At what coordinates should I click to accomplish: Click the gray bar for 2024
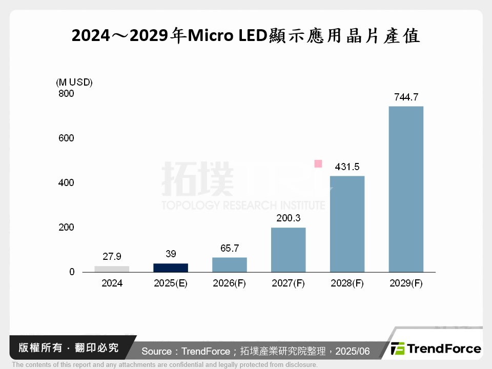coord(112,269)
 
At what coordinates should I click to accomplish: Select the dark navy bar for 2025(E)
coord(171,268)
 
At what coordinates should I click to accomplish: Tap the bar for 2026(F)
coord(230,264)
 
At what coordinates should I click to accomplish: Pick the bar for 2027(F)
coord(288,250)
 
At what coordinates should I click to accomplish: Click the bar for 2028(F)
coord(347,224)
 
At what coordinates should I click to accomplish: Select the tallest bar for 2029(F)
coord(406,189)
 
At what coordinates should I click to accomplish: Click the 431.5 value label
coord(347,167)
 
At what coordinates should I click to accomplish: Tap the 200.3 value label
coord(288,218)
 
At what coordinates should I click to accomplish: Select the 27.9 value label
coord(112,257)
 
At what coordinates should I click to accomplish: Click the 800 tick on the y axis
coord(67,94)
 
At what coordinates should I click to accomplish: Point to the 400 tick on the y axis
coord(67,183)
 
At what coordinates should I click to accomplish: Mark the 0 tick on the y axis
coord(72,272)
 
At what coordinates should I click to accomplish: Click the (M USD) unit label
coord(74,83)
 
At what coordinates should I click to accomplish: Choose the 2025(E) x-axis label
coord(171,283)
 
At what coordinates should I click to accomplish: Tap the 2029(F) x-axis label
coord(406,283)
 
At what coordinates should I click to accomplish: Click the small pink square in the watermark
coord(318,164)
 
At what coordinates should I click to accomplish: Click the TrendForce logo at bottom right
coord(436,349)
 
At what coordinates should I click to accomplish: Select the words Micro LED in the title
coord(224,36)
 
